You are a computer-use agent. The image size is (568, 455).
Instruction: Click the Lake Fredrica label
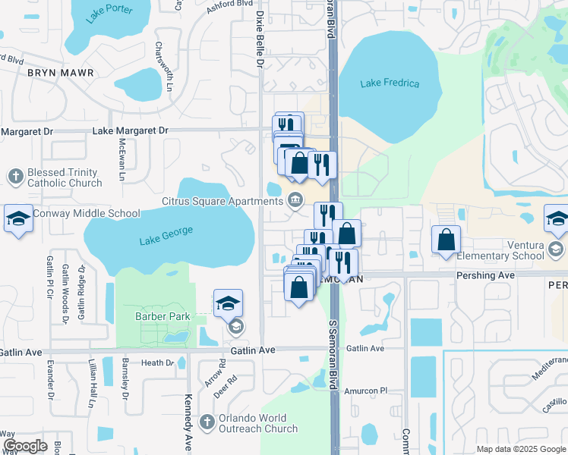(390, 83)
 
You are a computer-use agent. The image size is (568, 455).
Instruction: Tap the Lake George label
(166, 235)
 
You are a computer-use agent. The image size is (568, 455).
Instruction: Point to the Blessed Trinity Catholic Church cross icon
(15, 177)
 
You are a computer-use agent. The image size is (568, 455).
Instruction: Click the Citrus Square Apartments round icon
(295, 201)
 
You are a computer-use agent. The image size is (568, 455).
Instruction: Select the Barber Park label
(161, 316)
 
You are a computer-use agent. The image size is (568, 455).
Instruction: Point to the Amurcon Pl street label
(366, 391)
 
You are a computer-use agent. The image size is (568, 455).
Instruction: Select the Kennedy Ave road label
(187, 422)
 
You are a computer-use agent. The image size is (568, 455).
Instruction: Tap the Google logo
(25, 446)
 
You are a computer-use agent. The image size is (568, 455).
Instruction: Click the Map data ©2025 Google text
(520, 449)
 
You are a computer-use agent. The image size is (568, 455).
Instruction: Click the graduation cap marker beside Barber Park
(228, 303)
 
